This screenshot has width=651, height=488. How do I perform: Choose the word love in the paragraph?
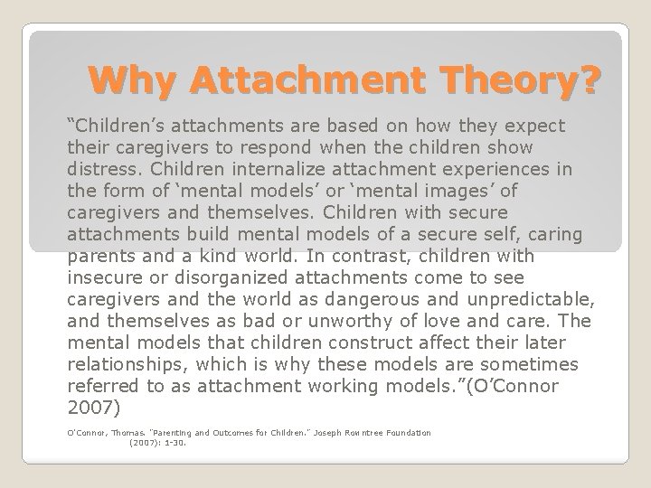point(463,320)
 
